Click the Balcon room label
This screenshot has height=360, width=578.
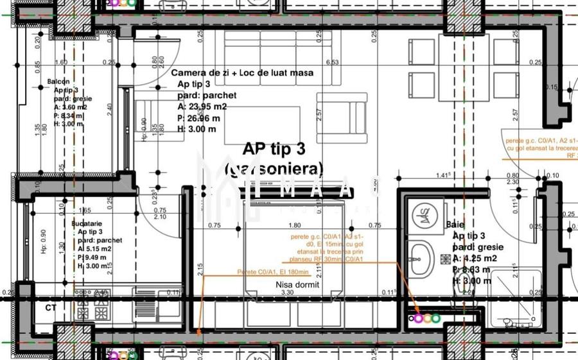[x=58, y=82]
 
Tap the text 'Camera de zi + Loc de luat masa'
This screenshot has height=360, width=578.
[x=242, y=73]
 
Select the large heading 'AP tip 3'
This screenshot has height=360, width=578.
[x=274, y=149]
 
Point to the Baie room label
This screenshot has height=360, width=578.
[x=455, y=225]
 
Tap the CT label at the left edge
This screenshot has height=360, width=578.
[x=50, y=308]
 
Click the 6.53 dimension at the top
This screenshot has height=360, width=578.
[x=332, y=62]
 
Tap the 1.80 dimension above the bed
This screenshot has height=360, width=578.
[x=295, y=225]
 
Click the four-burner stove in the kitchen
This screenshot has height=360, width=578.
[x=92, y=307]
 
